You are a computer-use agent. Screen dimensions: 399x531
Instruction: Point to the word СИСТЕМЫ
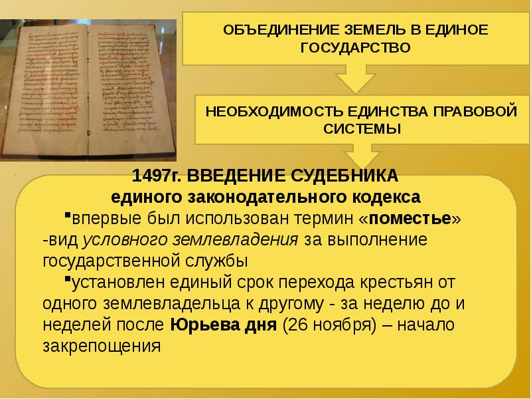tap(362, 128)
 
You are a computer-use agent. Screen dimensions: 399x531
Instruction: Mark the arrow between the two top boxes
tap(357, 78)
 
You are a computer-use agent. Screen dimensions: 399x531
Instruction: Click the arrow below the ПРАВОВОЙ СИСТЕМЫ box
tap(362, 158)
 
